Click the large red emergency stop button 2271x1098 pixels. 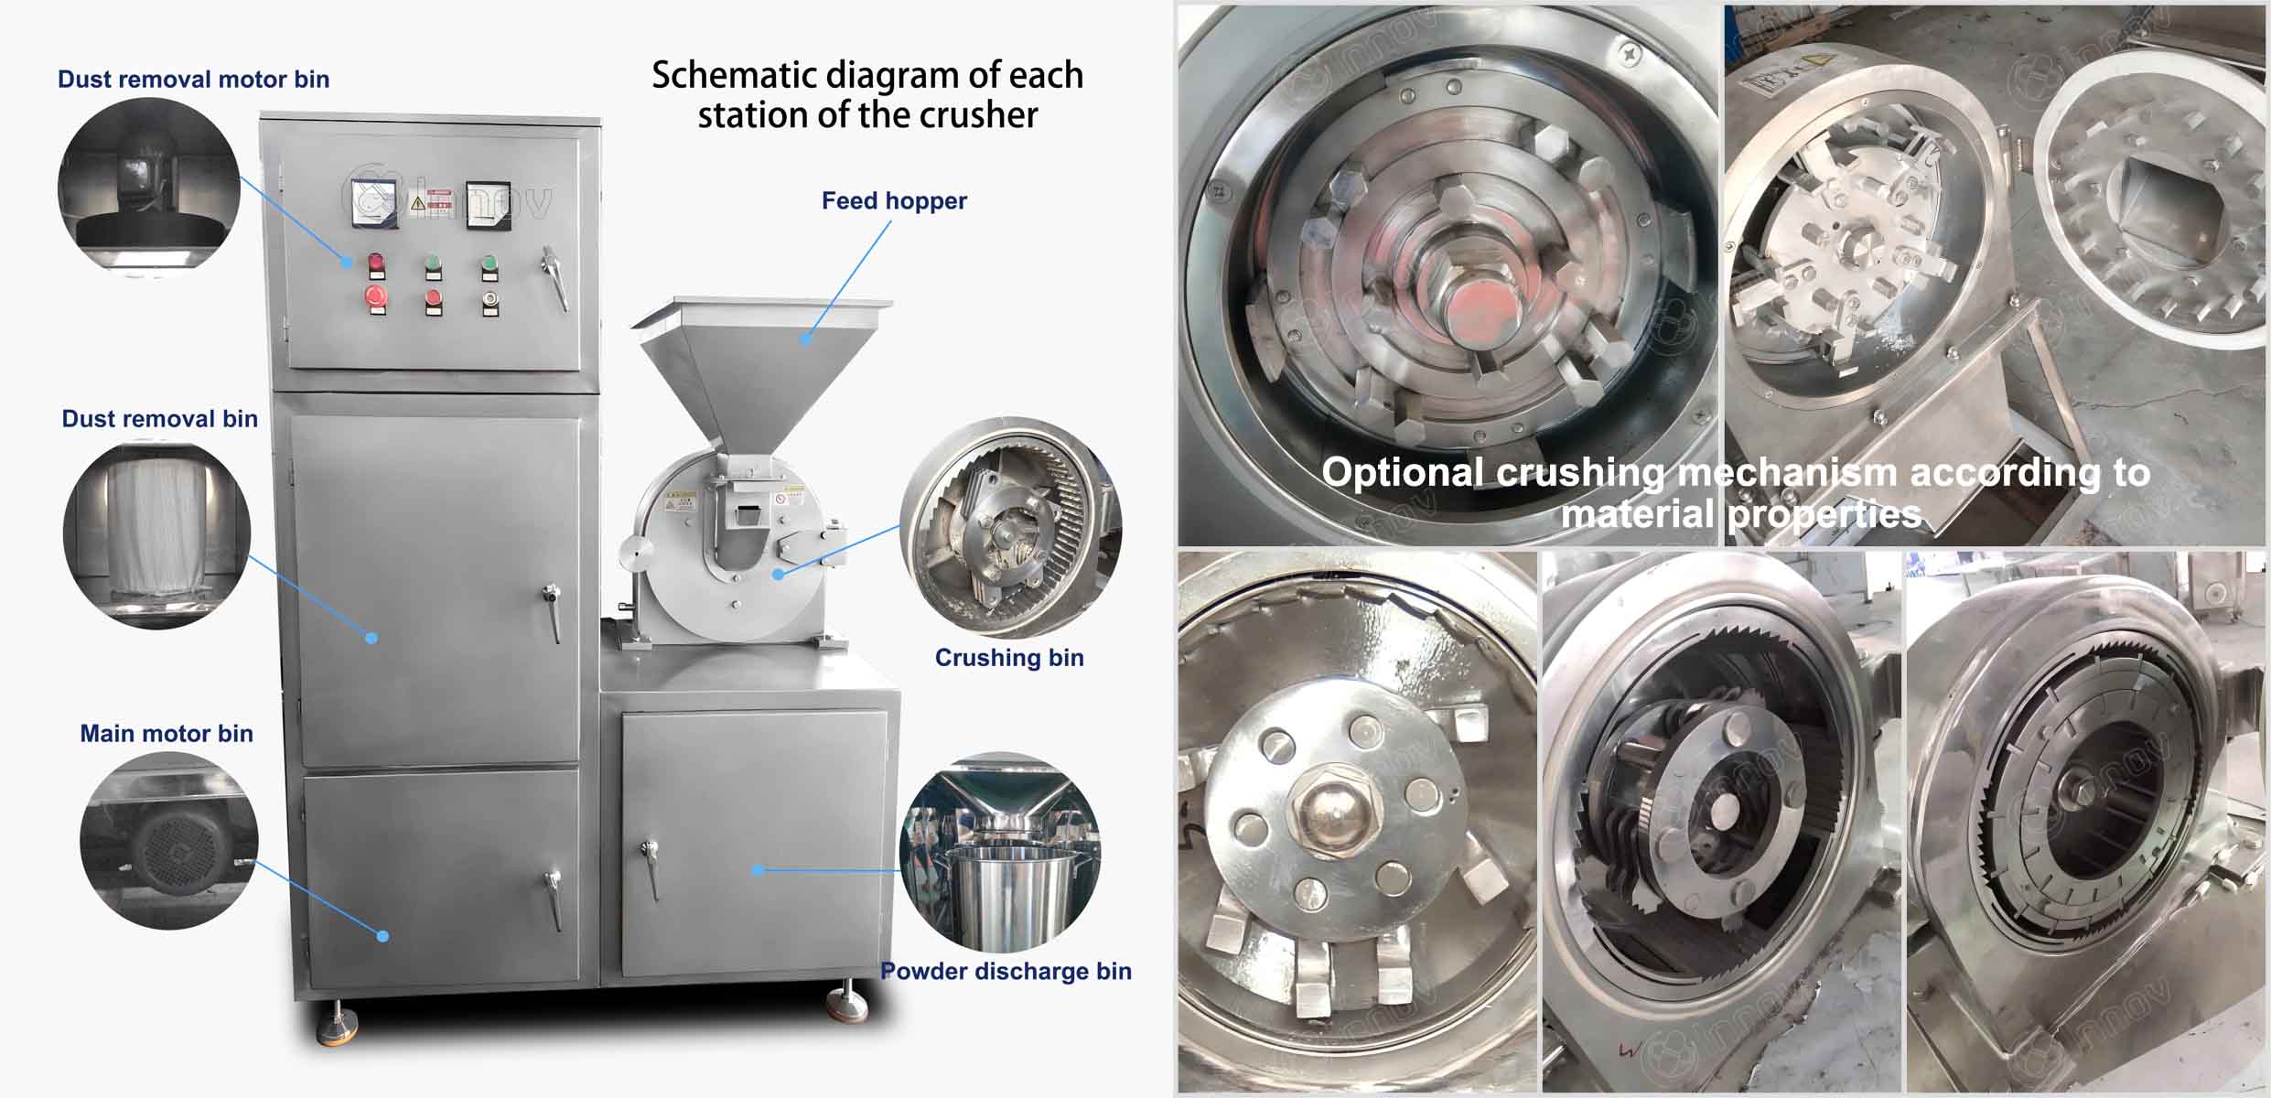point(376,296)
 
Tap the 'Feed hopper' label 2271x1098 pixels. point(894,200)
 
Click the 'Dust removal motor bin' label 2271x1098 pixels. point(193,79)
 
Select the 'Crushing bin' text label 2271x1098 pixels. point(1009,657)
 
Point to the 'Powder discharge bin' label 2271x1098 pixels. point(1006,971)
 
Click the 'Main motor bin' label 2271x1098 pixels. point(167,733)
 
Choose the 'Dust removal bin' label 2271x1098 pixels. point(159,418)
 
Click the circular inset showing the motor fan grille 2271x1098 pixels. point(169,841)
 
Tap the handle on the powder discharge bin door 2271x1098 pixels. point(650,869)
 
